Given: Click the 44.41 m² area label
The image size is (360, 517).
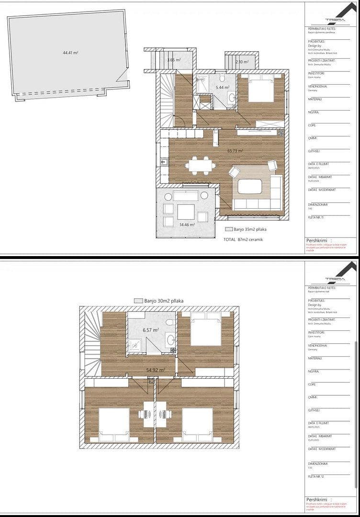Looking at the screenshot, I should [71, 53].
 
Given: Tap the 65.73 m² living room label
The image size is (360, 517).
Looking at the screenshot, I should [235, 151].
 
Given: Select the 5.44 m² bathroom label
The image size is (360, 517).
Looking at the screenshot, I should [223, 88].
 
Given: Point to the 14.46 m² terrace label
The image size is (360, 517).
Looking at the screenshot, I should [187, 224].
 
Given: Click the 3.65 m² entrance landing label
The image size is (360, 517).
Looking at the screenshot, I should [174, 60].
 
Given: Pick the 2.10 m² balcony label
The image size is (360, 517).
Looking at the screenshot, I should [242, 62].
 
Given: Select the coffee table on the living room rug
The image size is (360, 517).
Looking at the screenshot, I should [249, 186].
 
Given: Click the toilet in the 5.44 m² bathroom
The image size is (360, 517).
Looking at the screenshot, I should [223, 79].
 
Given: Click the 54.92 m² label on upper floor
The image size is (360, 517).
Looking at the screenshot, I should [156, 370].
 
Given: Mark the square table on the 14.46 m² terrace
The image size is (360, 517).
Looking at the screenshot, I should [186, 211].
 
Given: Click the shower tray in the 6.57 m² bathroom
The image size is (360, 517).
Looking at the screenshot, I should [135, 345].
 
